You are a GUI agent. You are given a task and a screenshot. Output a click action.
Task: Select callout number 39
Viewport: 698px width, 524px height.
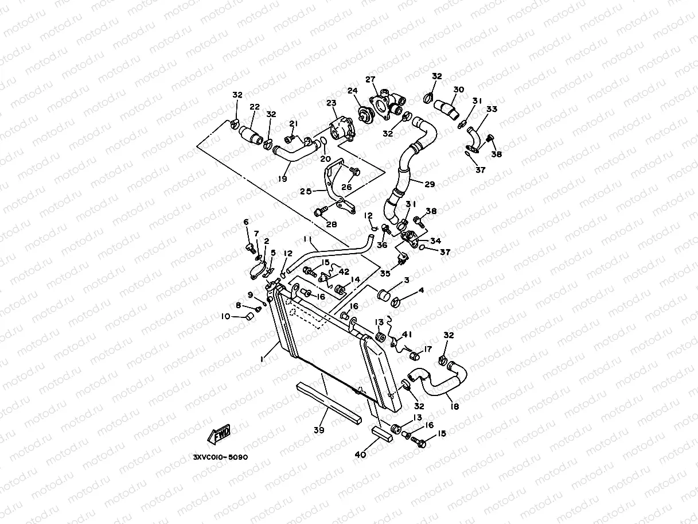[x=319, y=430]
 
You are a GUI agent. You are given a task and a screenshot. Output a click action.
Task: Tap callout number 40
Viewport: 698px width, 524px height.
[x=360, y=455]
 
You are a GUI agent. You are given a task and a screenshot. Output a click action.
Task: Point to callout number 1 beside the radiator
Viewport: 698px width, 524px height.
[x=262, y=359]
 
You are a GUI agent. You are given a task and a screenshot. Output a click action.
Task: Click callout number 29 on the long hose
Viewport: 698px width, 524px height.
[x=430, y=184]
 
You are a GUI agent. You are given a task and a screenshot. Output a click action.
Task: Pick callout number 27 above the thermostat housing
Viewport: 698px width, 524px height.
[x=370, y=79]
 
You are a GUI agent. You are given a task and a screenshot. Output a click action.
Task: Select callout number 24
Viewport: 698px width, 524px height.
[x=352, y=91]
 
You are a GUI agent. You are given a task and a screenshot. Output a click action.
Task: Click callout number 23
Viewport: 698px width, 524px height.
[x=331, y=103]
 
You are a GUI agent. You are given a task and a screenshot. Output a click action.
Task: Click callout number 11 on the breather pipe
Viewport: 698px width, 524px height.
[x=307, y=239]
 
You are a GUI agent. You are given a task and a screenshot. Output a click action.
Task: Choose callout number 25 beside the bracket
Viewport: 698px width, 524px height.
[x=306, y=191]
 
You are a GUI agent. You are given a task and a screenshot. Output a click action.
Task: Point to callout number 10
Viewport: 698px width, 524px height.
[x=226, y=316]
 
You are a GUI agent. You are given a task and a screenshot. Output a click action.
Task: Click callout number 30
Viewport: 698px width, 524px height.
[x=458, y=90]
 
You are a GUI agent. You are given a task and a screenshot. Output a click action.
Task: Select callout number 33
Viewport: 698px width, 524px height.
[x=492, y=109]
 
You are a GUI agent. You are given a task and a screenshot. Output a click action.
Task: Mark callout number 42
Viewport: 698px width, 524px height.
[x=344, y=271]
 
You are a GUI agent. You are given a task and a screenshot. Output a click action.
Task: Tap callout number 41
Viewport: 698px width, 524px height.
[x=407, y=334]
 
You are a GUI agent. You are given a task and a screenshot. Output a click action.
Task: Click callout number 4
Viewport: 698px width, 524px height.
[x=421, y=290]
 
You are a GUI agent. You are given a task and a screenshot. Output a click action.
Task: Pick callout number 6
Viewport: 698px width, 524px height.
[x=246, y=222]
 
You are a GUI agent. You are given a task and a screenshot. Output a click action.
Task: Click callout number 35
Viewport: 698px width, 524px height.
[x=385, y=273]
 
